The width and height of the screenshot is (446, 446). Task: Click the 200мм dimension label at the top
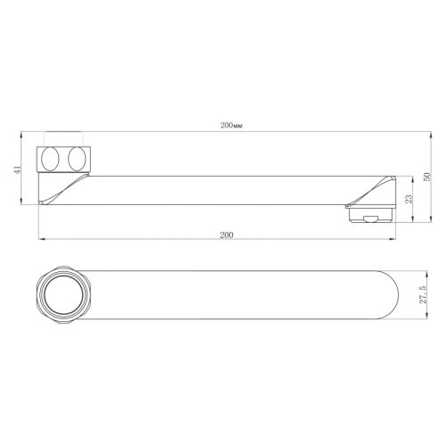[230, 126]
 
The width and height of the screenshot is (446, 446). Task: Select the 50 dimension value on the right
[425, 177]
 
